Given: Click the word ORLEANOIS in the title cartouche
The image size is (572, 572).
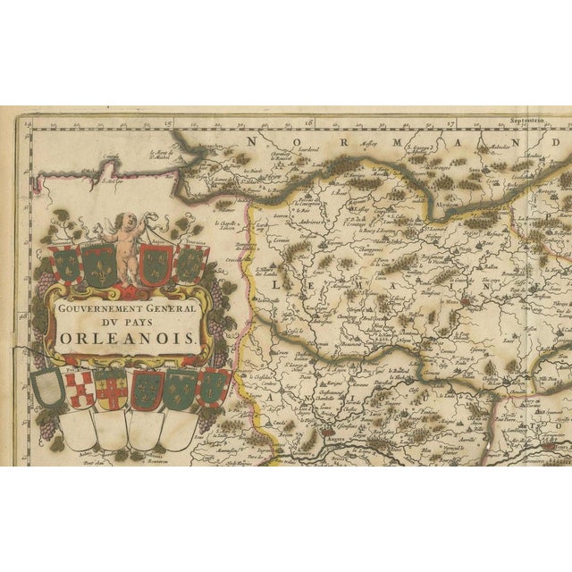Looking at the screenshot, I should pyautogui.click(x=128, y=336).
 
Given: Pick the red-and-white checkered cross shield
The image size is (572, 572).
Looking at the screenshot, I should pyautogui.click(x=79, y=391).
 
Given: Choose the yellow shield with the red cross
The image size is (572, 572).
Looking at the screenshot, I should pyautogui.click(x=113, y=391).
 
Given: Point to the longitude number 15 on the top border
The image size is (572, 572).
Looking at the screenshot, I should pyautogui.click(x=167, y=126).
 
